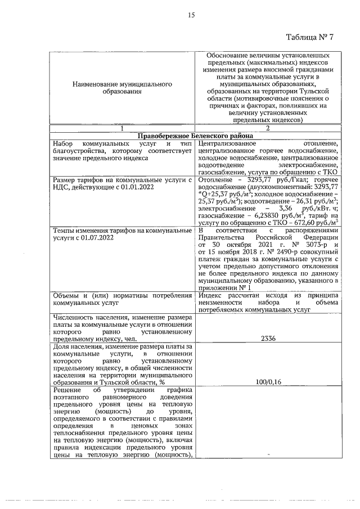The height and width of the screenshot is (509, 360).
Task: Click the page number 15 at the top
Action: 191,16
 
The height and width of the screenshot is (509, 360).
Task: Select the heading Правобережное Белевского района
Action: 195,136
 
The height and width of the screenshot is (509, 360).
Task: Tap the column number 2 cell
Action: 268,128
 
